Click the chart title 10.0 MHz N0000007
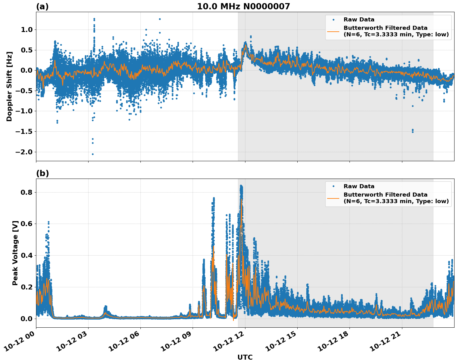click(x=243, y=7)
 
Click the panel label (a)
click(x=42, y=7)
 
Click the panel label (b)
click(x=42, y=173)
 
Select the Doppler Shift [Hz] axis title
click(x=9, y=86)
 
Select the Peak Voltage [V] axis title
click(x=15, y=253)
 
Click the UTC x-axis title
click(x=245, y=357)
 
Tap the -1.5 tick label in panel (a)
click(x=24, y=131)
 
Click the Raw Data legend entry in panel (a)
click(x=359, y=20)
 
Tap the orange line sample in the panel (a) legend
click(x=333, y=31)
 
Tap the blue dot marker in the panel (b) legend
click(x=333, y=186)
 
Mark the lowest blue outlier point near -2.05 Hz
click(x=93, y=154)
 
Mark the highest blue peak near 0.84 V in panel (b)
click(x=241, y=186)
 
